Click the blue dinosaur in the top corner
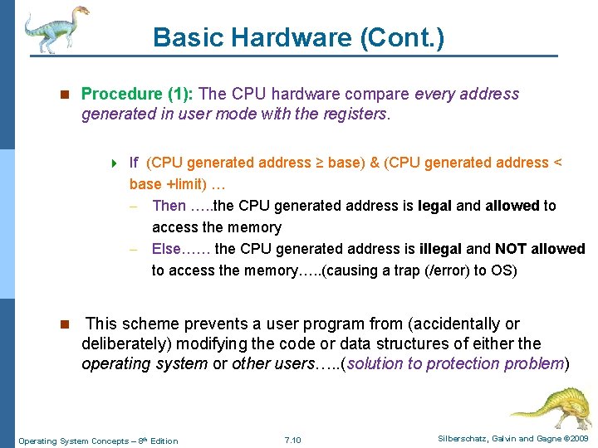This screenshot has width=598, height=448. coord(55,29)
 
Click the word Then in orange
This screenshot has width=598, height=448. coord(169,206)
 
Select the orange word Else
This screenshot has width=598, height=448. coord(168,249)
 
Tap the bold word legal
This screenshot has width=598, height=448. coord(435,206)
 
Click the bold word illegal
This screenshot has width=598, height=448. coord(441,249)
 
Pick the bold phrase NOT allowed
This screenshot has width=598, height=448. coord(540,249)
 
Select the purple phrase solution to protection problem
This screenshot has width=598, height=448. coord(456,363)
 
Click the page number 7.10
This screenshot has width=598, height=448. coord(292,440)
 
